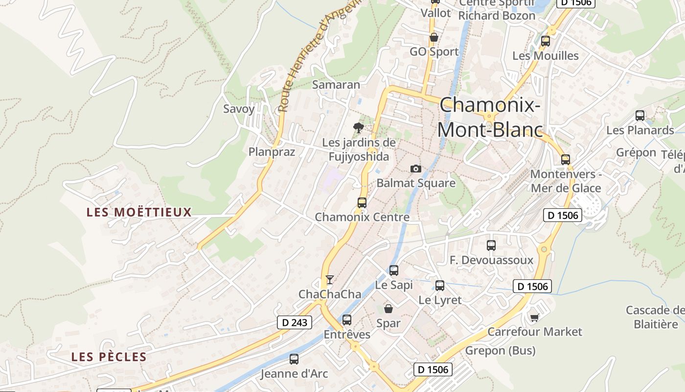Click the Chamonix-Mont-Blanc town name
tap(490, 118)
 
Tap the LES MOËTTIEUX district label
tap(139, 212)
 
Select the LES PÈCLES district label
tap(109, 357)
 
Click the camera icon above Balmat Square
tap(415, 169)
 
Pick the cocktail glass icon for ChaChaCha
tap(330, 279)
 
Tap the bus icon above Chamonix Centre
tap(362, 202)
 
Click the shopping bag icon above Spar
tap(388, 309)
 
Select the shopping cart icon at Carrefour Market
tap(534, 318)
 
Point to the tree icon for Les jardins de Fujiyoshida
tap(359, 128)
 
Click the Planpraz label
tap(272, 152)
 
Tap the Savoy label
tap(239, 109)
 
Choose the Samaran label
tap(336, 85)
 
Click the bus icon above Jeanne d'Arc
tap(294, 359)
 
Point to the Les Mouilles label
tap(546, 56)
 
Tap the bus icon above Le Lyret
tap(440, 286)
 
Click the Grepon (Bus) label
tap(500, 350)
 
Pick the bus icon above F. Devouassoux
tap(491, 245)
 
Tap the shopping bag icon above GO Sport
tap(434, 37)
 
